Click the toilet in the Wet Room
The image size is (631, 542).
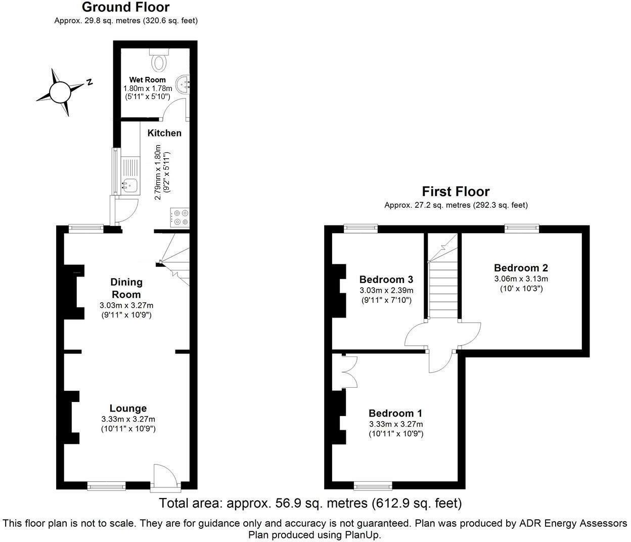pos(159,60)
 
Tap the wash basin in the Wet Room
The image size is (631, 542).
pos(183,84)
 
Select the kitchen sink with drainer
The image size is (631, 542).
pos(130,176)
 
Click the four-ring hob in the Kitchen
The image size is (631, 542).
pos(180,217)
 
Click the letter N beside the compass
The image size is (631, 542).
pos(89,82)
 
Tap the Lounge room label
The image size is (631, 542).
pos(128,408)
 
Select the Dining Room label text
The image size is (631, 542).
pos(126,288)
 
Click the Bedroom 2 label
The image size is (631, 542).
pos(521,268)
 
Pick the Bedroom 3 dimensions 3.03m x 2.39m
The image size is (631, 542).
pos(386,290)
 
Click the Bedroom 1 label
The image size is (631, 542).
pos(395,413)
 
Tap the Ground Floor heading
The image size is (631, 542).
pos(125,7)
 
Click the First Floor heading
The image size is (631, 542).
pos(456,192)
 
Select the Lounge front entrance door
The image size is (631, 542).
pos(165,478)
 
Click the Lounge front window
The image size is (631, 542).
pos(106,486)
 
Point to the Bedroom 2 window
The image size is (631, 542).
pos(522,229)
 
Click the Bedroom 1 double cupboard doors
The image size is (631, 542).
pos(349,372)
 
